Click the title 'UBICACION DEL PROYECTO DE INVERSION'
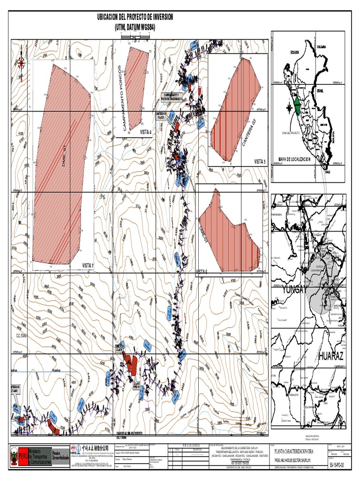pos(135,17)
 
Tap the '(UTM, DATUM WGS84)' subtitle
pos(135,27)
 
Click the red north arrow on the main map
pos(21,66)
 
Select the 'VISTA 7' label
pos(88,265)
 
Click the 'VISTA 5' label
pos(260,161)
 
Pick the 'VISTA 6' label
pos(202,271)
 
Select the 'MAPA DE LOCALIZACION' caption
pos(294,159)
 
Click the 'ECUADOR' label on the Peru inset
pos(294,52)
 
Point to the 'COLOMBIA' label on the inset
pos(321,47)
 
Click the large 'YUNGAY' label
pos(294,291)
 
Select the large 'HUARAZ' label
pos(331,357)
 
